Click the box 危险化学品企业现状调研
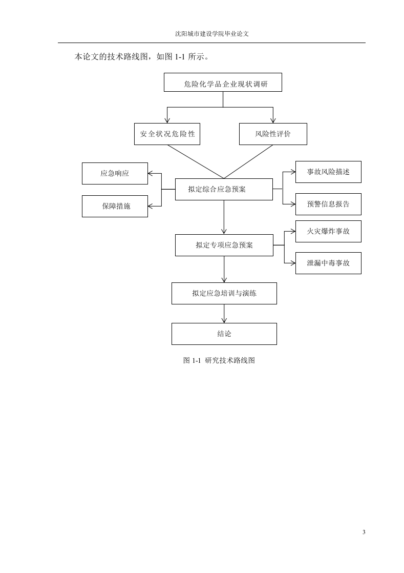click(223, 82)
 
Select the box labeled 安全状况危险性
click(167, 134)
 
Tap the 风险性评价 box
click(273, 134)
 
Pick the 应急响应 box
click(115, 173)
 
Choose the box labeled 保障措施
click(115, 206)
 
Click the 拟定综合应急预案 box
click(224, 189)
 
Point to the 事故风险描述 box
click(328, 172)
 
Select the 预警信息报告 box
click(328, 204)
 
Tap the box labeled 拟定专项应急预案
click(224, 245)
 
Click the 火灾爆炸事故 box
click(328, 231)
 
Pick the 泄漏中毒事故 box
click(328, 263)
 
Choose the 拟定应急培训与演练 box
click(224, 293)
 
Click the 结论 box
click(224, 334)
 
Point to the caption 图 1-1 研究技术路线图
click(219, 360)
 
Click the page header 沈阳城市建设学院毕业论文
click(212, 34)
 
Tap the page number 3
click(364, 532)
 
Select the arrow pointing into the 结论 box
click(224, 314)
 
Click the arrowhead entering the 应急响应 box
click(151, 173)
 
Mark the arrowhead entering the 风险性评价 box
click(273, 120)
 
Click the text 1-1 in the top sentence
click(180, 57)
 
